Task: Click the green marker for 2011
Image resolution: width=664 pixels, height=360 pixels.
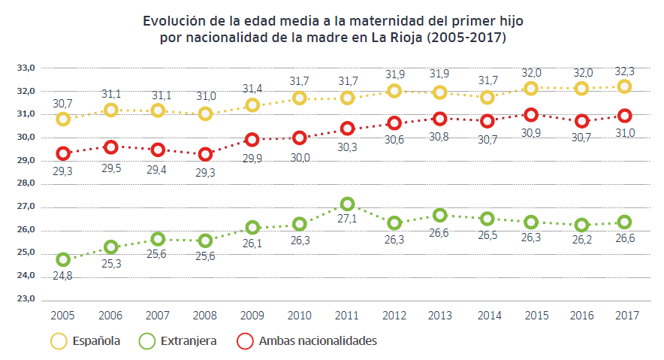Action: click(347, 204)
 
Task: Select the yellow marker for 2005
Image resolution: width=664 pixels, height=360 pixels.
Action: click(63, 119)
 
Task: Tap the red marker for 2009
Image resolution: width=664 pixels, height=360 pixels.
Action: click(252, 139)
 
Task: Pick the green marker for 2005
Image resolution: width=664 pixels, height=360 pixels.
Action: click(63, 259)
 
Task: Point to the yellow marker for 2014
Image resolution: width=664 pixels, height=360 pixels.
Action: click(487, 97)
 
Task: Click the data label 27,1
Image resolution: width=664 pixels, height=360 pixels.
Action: click(347, 220)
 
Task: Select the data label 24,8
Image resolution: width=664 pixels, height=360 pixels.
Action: click(63, 275)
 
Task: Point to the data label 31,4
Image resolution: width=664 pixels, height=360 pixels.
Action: click(252, 89)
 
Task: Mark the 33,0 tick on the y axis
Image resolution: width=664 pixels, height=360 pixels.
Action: click(27, 68)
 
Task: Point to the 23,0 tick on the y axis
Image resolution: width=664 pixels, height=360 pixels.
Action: click(27, 299)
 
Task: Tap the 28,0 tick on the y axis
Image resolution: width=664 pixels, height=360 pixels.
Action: click(27, 183)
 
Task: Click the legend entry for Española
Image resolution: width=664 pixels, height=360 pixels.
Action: click(95, 341)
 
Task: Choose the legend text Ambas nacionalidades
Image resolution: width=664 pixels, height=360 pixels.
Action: click(317, 341)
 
